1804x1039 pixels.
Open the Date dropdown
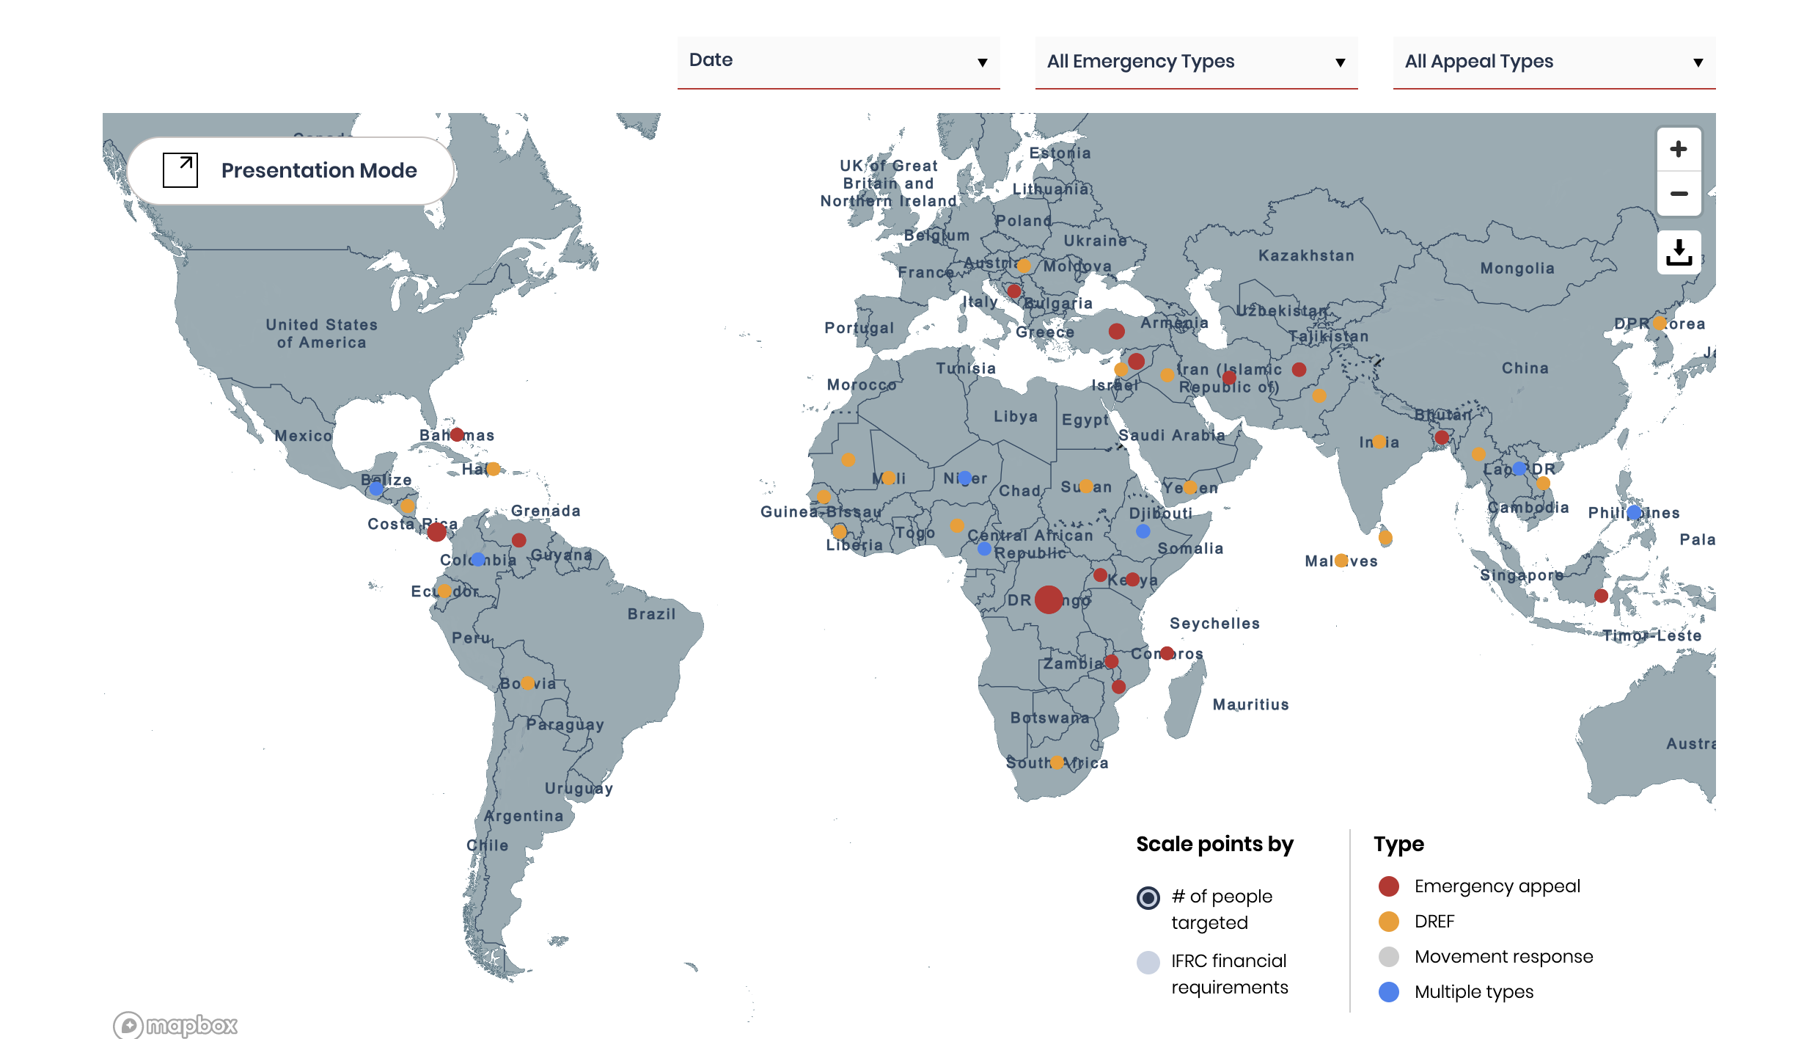tap(838, 62)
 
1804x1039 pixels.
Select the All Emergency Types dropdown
tap(1196, 62)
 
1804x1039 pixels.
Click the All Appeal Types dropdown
tap(1554, 62)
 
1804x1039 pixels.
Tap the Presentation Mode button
tap(291, 170)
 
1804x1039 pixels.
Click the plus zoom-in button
tap(1679, 150)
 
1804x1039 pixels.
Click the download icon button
tap(1679, 252)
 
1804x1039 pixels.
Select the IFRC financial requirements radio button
tap(1148, 962)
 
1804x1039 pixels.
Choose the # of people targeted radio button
tap(1148, 897)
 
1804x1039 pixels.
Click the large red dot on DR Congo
tap(1049, 599)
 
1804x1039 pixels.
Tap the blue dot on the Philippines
tap(1634, 512)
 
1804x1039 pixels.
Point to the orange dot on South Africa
tap(1057, 762)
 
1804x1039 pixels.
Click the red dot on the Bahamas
tap(457, 434)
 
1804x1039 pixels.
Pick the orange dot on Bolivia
tap(527, 683)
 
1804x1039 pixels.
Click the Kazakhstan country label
tap(1306, 255)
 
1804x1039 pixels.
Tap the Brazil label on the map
tap(651, 614)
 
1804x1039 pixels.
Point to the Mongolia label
tap(1517, 269)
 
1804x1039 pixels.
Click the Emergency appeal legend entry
tap(1496, 886)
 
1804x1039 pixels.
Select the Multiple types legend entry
tap(1473, 992)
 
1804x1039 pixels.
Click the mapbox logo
tap(176, 1024)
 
